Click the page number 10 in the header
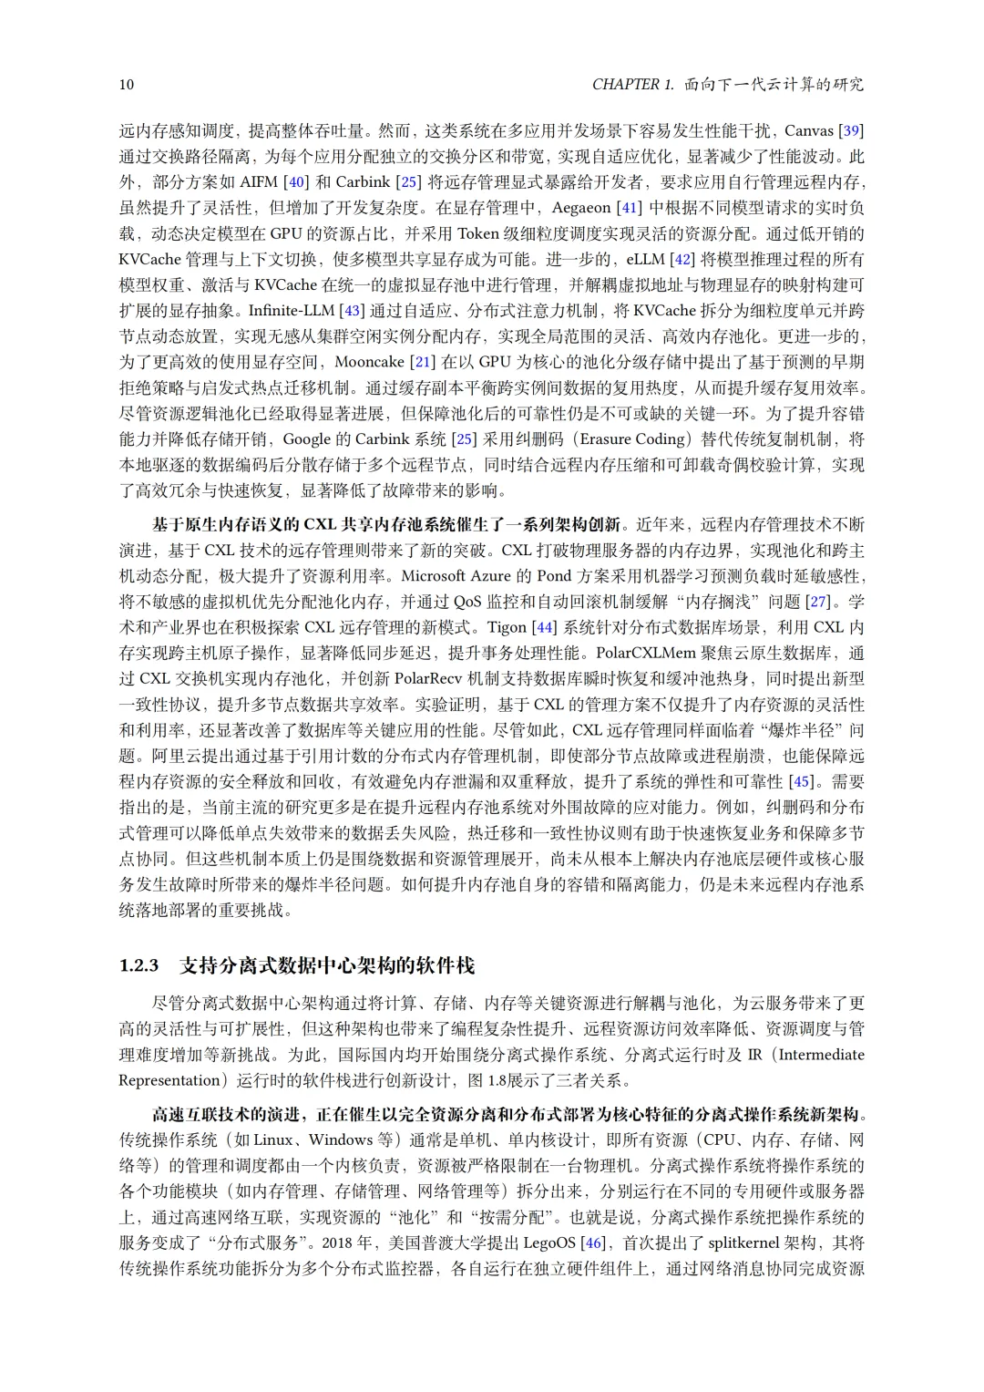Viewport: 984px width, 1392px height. (x=127, y=85)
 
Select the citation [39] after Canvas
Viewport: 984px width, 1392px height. (x=851, y=130)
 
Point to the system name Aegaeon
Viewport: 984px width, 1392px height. (x=581, y=208)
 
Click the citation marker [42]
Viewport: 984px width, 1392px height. (x=683, y=259)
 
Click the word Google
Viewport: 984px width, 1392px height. (x=306, y=438)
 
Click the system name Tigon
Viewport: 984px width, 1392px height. (x=507, y=627)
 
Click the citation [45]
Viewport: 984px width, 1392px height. (x=801, y=781)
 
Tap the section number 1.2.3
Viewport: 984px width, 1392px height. (x=138, y=965)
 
